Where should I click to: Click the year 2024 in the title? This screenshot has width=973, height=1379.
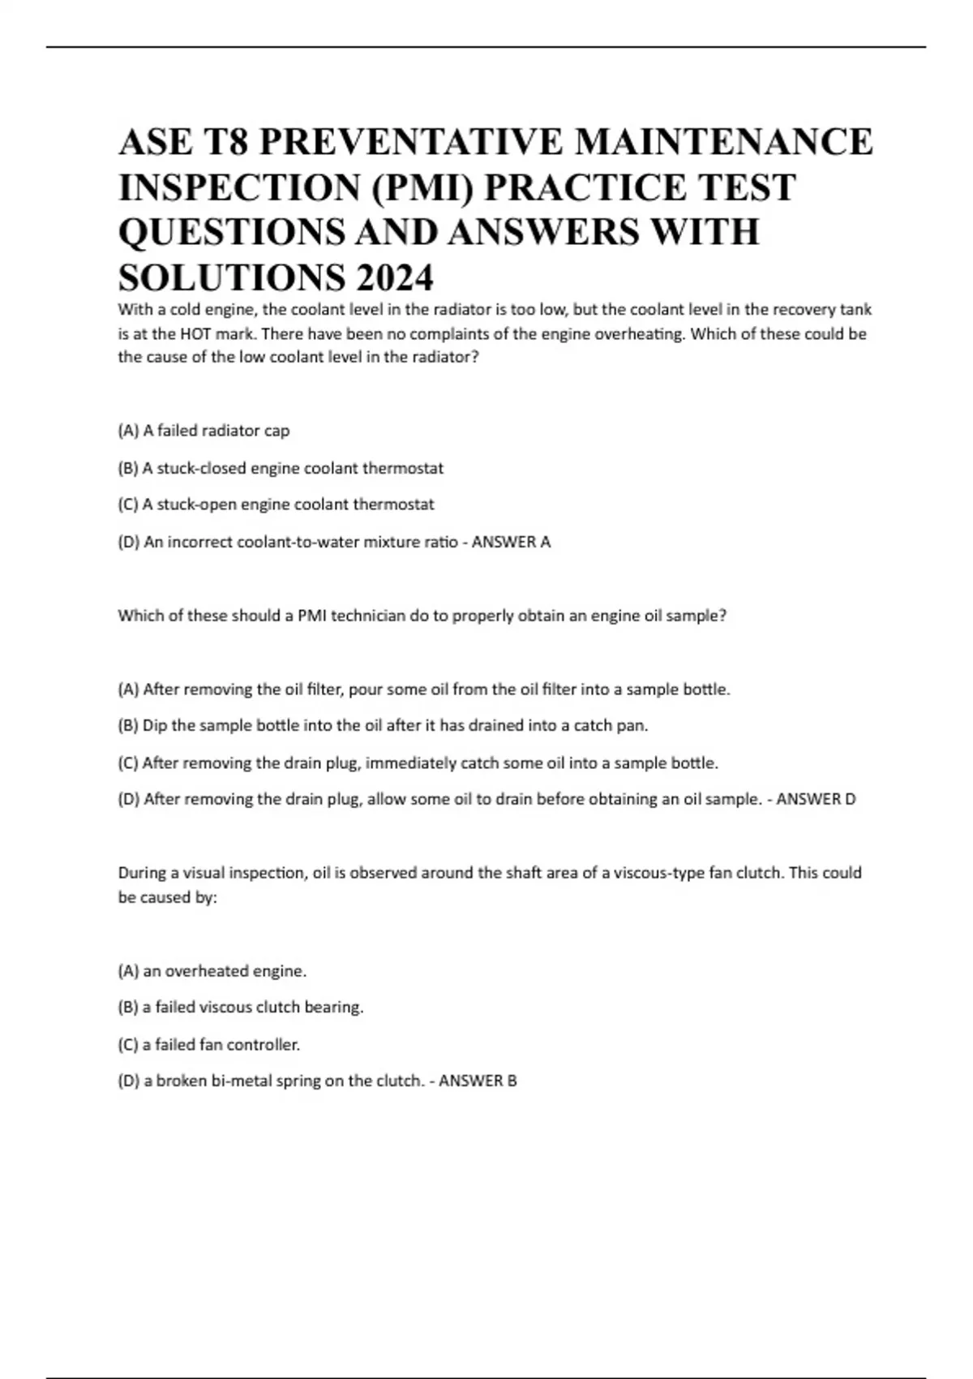click(x=394, y=278)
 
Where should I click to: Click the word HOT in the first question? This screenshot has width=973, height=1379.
click(x=197, y=333)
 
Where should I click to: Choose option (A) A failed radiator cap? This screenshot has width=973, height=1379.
click(x=204, y=431)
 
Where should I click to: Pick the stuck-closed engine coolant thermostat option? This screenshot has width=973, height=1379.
click(x=281, y=468)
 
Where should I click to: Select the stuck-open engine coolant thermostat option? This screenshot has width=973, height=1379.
click(x=276, y=505)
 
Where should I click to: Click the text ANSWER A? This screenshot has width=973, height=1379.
click(x=511, y=542)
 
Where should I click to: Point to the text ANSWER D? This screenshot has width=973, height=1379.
click(x=816, y=799)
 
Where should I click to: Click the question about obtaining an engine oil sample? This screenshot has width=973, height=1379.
click(x=422, y=616)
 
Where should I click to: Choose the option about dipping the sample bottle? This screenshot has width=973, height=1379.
click(x=383, y=725)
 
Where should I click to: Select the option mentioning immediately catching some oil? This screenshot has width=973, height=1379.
click(x=418, y=763)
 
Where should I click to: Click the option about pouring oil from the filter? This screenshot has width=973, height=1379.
click(x=424, y=689)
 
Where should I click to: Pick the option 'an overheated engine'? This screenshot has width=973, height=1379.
click(x=212, y=971)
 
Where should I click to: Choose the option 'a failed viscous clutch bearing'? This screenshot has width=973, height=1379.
click(x=241, y=1007)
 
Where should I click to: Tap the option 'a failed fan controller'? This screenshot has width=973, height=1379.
click(x=209, y=1044)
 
